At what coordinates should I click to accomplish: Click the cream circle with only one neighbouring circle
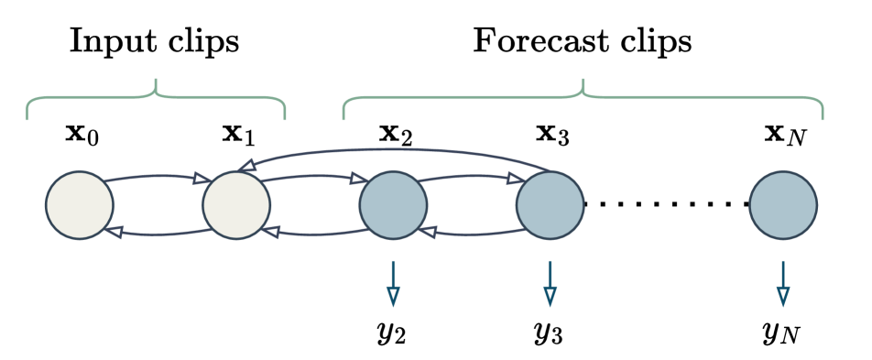pyautogui.click(x=80, y=205)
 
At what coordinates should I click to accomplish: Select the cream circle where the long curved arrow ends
pyautogui.click(x=236, y=205)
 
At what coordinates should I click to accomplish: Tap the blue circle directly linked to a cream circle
pyautogui.click(x=393, y=205)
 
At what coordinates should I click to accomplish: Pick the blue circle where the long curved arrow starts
pyautogui.click(x=550, y=205)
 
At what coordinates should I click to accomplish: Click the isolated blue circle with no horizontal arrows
pyautogui.click(x=783, y=205)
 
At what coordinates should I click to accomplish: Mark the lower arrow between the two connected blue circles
pyautogui.click(x=471, y=235)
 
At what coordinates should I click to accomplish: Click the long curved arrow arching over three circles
pyautogui.click(x=394, y=149)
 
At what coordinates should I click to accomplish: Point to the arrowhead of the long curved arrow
pyautogui.click(x=245, y=166)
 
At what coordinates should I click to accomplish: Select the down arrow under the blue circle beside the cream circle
pyautogui.click(x=393, y=284)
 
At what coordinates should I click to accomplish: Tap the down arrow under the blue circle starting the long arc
pyautogui.click(x=550, y=284)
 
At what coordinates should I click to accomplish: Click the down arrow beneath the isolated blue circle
pyautogui.click(x=783, y=284)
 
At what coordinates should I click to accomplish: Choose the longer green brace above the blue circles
pyautogui.click(x=696, y=97)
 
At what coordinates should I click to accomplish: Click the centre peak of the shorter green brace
pyautogui.click(x=157, y=82)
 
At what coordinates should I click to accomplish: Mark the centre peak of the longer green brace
pyautogui.click(x=583, y=82)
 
